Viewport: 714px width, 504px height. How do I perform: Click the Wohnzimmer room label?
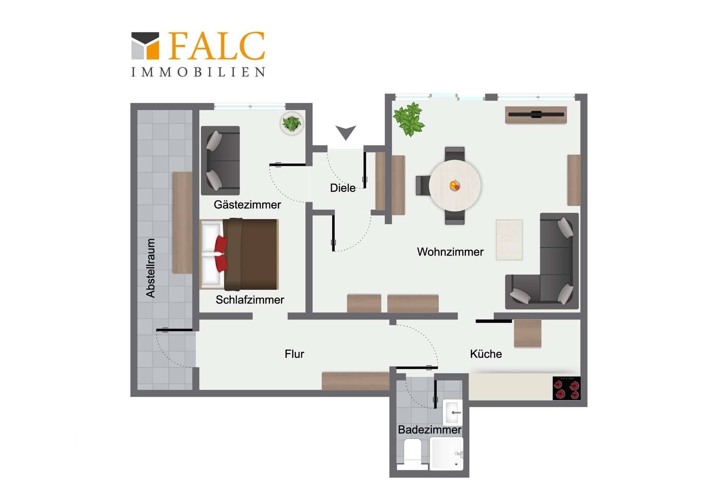450,252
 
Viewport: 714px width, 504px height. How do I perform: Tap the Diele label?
342,188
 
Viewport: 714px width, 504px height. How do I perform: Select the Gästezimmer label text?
247,205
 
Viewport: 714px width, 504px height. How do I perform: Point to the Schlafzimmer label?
250,300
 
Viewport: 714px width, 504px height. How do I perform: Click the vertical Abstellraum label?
150,268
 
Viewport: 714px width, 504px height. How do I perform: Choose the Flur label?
294,354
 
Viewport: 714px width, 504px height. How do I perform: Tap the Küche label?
486,354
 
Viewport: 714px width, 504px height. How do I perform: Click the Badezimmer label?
430,430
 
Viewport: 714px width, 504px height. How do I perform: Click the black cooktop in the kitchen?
566,388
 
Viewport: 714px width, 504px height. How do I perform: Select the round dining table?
455,185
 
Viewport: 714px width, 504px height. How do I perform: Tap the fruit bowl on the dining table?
455,185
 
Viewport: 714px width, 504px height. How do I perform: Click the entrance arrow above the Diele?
346,132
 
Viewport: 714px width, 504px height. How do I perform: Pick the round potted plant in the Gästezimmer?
292,123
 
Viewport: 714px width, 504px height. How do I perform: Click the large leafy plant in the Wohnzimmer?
409,119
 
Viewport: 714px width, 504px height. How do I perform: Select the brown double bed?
239,254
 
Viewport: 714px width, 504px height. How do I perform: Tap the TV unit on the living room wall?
536,115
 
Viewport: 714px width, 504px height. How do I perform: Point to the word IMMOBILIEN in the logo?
198,72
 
